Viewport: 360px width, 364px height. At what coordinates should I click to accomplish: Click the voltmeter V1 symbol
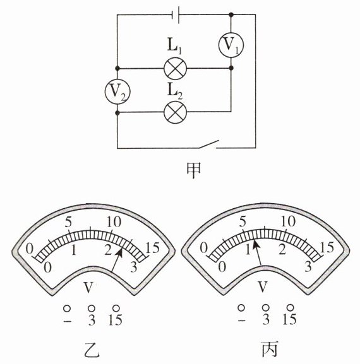click(x=231, y=45)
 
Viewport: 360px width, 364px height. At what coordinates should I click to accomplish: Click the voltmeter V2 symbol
click(x=117, y=91)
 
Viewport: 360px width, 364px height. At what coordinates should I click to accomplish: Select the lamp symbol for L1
click(x=175, y=69)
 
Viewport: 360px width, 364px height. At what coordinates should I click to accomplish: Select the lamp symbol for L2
click(x=175, y=112)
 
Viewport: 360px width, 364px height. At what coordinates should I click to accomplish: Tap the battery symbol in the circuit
click(x=175, y=15)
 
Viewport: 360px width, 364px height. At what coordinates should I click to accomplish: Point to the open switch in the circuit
click(x=208, y=144)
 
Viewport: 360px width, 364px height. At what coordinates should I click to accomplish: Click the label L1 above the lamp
click(x=174, y=46)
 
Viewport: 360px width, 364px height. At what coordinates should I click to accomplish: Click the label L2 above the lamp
click(x=175, y=91)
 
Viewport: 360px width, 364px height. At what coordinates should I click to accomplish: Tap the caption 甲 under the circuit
click(x=194, y=170)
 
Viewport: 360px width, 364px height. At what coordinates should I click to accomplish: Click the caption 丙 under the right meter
click(x=270, y=349)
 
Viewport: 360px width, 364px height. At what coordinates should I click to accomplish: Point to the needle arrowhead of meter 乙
click(x=121, y=251)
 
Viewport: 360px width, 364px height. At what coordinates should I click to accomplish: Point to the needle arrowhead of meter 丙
click(x=255, y=244)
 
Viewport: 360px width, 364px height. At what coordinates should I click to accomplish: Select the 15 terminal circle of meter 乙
click(x=116, y=308)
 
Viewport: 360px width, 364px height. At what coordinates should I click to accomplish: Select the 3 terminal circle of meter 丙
click(x=266, y=308)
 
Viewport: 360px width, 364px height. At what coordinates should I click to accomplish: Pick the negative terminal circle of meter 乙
click(x=67, y=308)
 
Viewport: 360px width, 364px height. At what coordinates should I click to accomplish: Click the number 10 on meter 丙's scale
click(x=288, y=221)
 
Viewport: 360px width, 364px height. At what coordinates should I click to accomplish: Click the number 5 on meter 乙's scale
click(x=68, y=222)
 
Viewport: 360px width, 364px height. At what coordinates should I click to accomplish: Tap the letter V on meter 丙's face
click(x=263, y=286)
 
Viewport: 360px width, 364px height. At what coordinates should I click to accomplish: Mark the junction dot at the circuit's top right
click(x=231, y=15)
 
